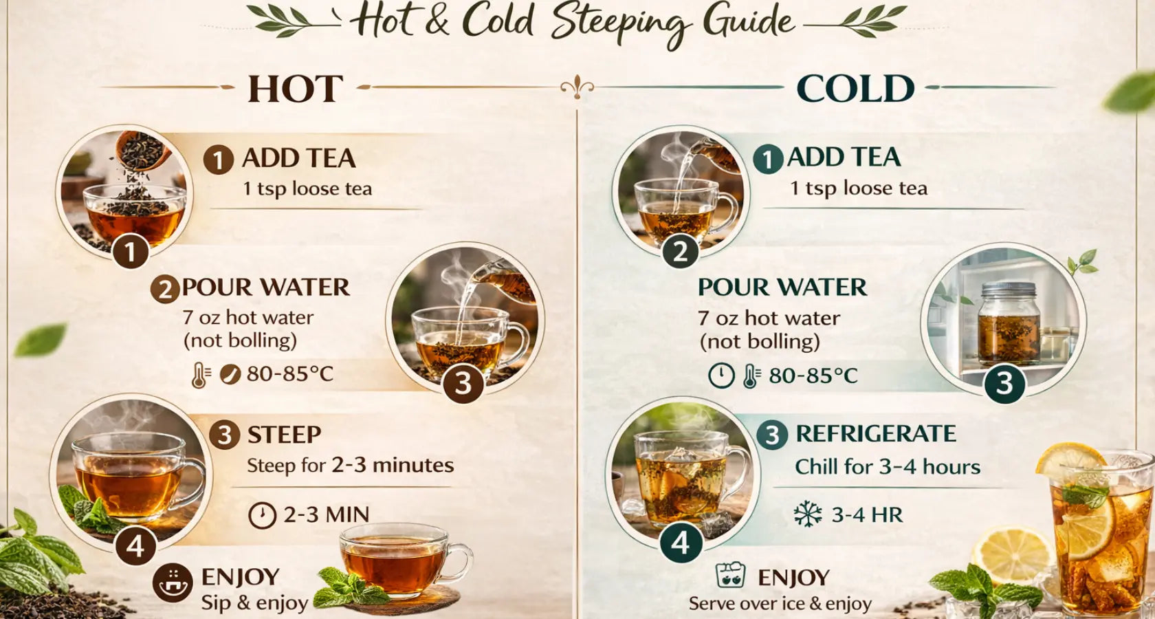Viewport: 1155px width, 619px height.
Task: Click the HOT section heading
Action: click(x=296, y=89)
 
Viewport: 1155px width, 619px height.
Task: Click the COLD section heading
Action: click(x=855, y=89)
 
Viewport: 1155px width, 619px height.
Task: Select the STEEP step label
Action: click(x=284, y=435)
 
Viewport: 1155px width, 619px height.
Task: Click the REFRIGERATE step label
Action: click(x=876, y=434)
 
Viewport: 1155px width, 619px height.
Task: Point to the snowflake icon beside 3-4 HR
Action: click(x=807, y=514)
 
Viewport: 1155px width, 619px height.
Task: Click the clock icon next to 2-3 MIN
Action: click(x=262, y=514)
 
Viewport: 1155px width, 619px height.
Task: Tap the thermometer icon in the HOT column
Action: click(x=200, y=375)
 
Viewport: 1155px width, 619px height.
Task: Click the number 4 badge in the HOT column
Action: click(x=135, y=545)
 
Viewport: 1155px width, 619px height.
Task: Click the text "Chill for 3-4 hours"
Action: click(x=888, y=468)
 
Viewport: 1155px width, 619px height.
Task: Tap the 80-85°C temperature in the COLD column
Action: click(x=813, y=376)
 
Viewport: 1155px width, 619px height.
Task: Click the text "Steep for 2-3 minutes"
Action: click(x=350, y=466)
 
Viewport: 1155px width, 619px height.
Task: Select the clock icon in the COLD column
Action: click(x=721, y=376)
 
